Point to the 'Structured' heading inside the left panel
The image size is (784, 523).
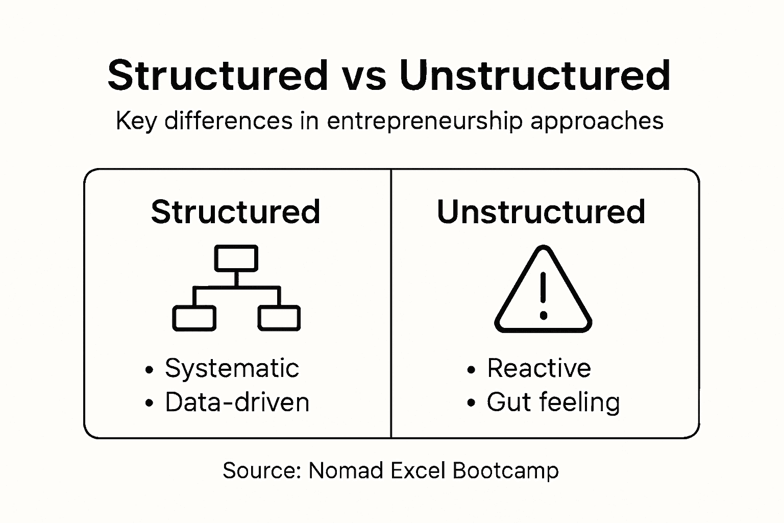[x=235, y=211]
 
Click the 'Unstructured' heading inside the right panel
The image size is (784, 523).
[x=541, y=211]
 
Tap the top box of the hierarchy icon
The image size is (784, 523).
[x=236, y=258]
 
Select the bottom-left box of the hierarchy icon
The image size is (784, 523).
[x=194, y=318]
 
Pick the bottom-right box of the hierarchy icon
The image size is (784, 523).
[x=279, y=318]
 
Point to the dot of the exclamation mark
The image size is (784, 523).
[x=543, y=316]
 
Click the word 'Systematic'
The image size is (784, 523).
[x=232, y=368]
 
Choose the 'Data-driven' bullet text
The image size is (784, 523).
[x=237, y=402]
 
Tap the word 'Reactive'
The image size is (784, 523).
[x=539, y=368]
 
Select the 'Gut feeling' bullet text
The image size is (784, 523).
[x=553, y=402]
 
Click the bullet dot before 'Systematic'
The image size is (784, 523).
[x=149, y=370]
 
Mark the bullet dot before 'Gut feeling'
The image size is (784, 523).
[x=471, y=403]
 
